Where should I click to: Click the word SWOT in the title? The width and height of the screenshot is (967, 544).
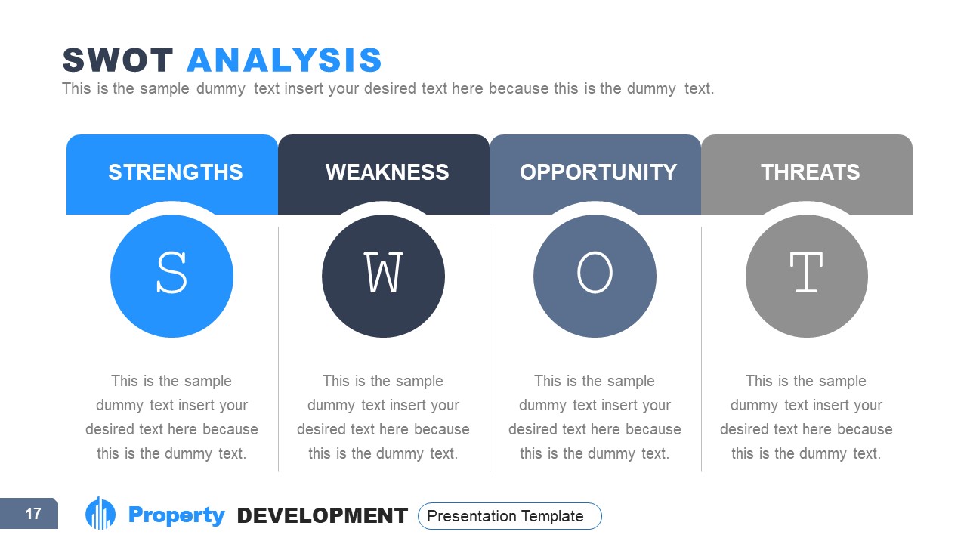(x=118, y=60)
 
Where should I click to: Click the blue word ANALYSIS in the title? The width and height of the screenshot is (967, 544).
(x=284, y=60)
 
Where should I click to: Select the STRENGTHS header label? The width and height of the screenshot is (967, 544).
(x=175, y=172)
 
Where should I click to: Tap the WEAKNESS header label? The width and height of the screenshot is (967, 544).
(x=387, y=172)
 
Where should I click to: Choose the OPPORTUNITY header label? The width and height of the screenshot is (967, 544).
(x=598, y=172)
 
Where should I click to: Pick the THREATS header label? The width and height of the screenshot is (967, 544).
(x=810, y=172)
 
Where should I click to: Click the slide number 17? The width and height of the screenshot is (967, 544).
(x=32, y=515)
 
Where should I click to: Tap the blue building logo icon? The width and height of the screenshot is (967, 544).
(x=100, y=514)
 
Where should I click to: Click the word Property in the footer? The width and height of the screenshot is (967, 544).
(x=177, y=515)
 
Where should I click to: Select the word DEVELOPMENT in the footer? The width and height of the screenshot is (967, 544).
(x=323, y=516)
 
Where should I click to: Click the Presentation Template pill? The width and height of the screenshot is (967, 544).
(x=509, y=516)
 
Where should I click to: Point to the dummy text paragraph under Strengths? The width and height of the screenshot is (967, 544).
(x=171, y=417)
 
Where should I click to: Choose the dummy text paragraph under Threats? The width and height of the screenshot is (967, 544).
(x=806, y=417)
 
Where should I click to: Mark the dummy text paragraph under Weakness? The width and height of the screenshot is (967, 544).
(x=383, y=417)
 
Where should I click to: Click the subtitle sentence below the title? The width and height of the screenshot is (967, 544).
(x=388, y=88)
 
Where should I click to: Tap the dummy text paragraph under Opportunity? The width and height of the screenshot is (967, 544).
(x=595, y=417)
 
